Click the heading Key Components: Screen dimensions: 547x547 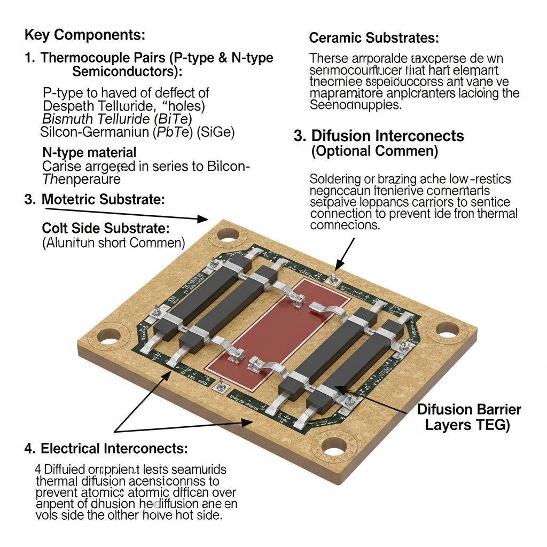pos(84,36)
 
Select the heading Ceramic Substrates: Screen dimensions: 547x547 pos(374,38)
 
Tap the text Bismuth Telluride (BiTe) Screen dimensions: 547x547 pos(117,118)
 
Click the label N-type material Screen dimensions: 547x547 pos(89,153)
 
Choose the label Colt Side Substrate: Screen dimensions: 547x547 pos(106,228)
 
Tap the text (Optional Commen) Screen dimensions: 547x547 pos(374,151)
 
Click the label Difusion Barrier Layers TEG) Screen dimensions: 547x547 pos(468,417)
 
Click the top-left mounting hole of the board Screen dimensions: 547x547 pos(228,233)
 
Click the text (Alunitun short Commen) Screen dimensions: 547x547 pos(113,243)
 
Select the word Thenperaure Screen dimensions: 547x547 pos(82,179)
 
